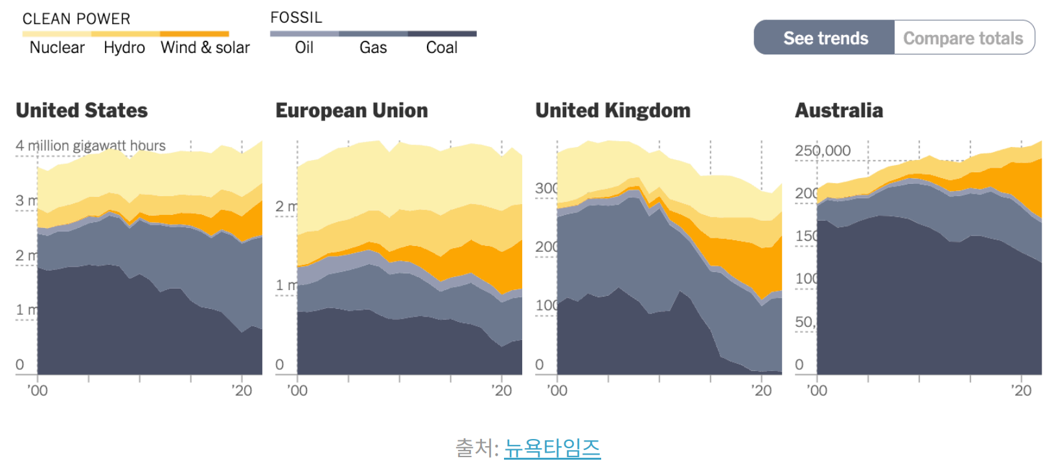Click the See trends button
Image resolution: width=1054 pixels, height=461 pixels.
(x=825, y=38)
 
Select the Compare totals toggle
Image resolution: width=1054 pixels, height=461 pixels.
(x=963, y=38)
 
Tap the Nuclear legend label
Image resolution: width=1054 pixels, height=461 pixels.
(x=57, y=47)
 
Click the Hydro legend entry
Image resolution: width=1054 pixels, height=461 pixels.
(x=124, y=47)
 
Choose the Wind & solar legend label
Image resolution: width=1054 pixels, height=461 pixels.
(x=205, y=47)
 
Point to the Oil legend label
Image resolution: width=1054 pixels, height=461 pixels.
(x=304, y=47)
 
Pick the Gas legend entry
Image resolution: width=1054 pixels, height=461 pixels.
(x=373, y=47)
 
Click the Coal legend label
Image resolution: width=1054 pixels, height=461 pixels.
(x=442, y=47)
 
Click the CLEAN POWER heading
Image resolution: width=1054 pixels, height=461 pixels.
(x=76, y=19)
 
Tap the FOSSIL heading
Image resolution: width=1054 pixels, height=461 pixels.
(x=296, y=17)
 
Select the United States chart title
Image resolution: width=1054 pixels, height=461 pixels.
(x=82, y=111)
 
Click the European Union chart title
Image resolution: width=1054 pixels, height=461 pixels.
(x=352, y=111)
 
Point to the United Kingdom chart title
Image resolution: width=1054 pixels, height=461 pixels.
(x=613, y=111)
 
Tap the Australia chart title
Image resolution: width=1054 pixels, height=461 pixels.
(x=839, y=111)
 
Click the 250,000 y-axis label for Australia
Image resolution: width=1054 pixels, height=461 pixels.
(x=823, y=151)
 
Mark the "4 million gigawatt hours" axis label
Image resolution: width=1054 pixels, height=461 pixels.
(x=91, y=146)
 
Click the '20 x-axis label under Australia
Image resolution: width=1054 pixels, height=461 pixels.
(x=1021, y=390)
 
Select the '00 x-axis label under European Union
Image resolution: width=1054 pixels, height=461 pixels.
(x=297, y=390)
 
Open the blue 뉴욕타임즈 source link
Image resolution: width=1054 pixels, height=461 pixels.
(x=552, y=447)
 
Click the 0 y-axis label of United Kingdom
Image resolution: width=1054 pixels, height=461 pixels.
(x=539, y=365)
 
